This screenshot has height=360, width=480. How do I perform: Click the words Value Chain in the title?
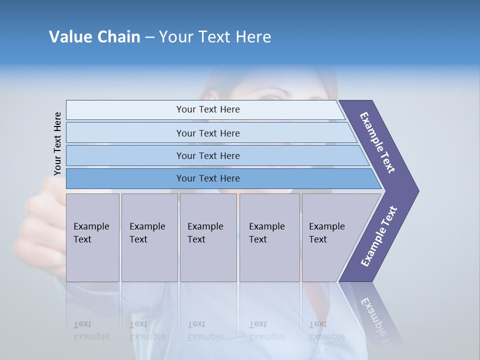(94, 36)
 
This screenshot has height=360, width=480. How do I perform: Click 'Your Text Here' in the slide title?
(215, 36)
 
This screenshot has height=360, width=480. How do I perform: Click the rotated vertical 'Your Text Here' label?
(57, 144)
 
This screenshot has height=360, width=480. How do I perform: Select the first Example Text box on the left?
(92, 237)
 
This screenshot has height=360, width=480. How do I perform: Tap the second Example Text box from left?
(149, 237)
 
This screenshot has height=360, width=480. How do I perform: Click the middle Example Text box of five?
(208, 237)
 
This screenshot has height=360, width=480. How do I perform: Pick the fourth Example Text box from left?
(269, 237)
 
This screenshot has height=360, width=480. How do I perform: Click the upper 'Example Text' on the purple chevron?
(378, 142)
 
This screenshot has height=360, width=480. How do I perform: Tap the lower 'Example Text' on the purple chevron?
(379, 236)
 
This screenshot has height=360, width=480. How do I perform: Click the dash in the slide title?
(149, 37)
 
